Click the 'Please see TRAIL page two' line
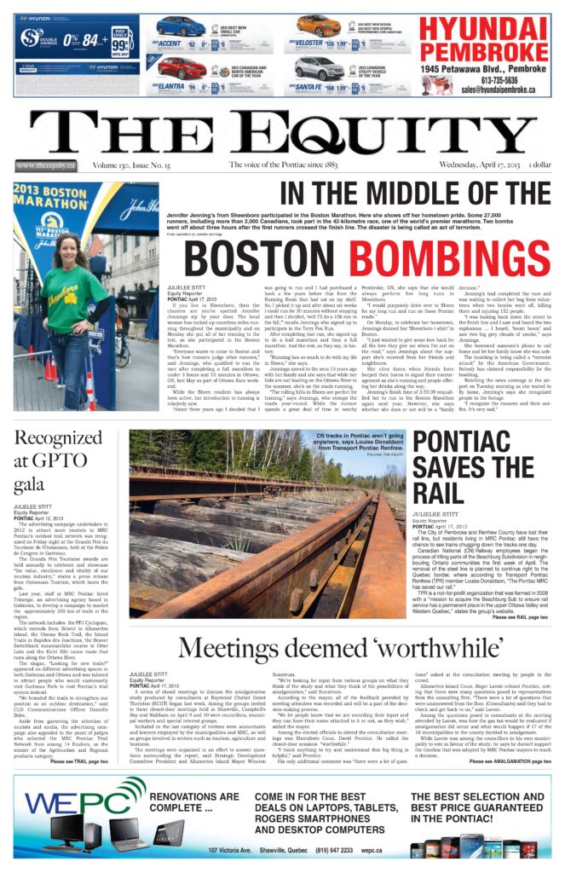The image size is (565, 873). [x=79, y=761]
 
